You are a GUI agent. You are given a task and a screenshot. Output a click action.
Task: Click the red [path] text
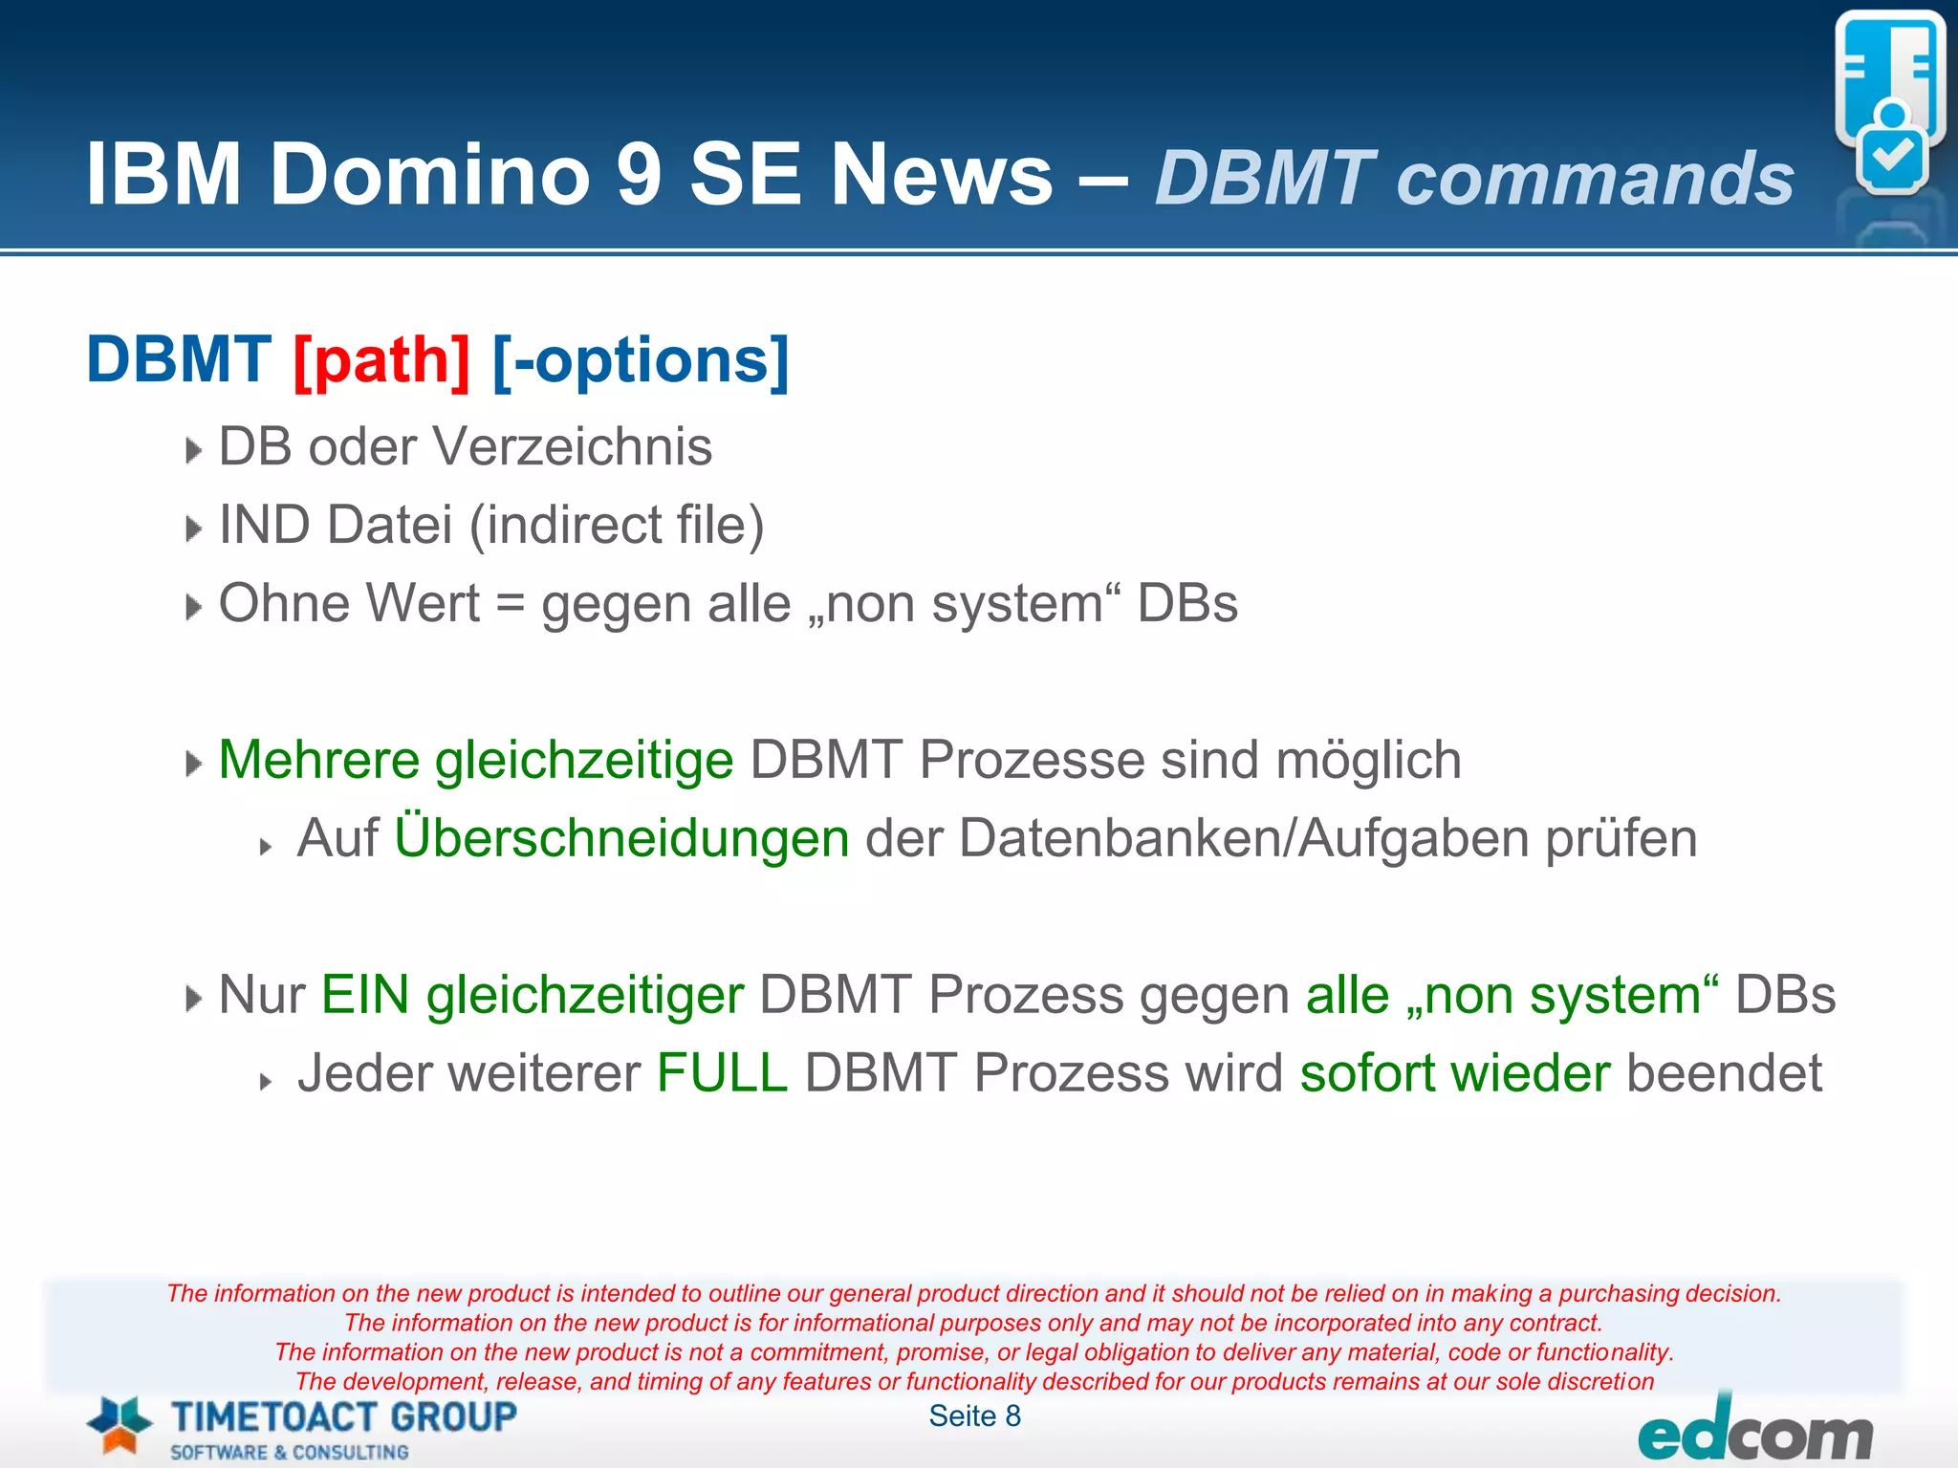[x=381, y=361]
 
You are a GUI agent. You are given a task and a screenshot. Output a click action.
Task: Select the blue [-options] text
[x=641, y=361]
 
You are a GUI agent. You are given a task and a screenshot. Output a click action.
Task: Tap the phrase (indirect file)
[x=617, y=526]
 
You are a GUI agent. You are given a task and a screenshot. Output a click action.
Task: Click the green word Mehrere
[x=318, y=761]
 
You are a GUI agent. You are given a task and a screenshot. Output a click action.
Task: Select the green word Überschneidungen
[x=621, y=839]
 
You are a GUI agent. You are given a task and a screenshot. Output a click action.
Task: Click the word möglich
[x=1368, y=761]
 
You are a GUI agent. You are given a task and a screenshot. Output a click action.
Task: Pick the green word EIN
[x=365, y=996]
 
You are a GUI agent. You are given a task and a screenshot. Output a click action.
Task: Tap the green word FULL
[x=722, y=1074]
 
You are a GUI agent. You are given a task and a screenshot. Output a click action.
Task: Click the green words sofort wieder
[x=1454, y=1074]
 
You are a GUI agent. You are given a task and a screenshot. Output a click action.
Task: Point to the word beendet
[x=1725, y=1074]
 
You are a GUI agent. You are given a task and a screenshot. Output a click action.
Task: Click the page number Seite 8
[x=974, y=1416]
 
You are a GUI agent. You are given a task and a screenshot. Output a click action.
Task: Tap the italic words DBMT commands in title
[x=1473, y=179]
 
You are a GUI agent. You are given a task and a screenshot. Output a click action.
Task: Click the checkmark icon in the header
[x=1891, y=156]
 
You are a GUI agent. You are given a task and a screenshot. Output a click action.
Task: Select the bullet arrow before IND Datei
[x=193, y=529]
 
